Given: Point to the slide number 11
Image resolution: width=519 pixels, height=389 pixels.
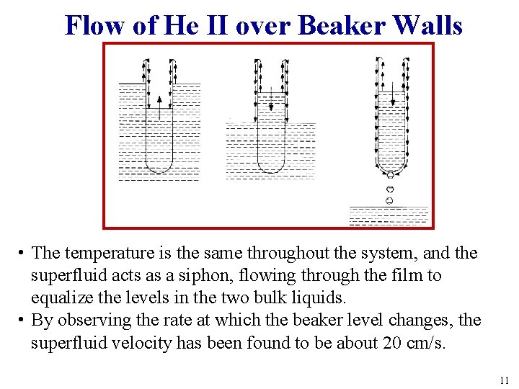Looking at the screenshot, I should (503, 380).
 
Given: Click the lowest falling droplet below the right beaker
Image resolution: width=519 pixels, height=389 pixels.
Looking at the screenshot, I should (389, 200).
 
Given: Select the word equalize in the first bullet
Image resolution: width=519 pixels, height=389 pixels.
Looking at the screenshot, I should (61, 298).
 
